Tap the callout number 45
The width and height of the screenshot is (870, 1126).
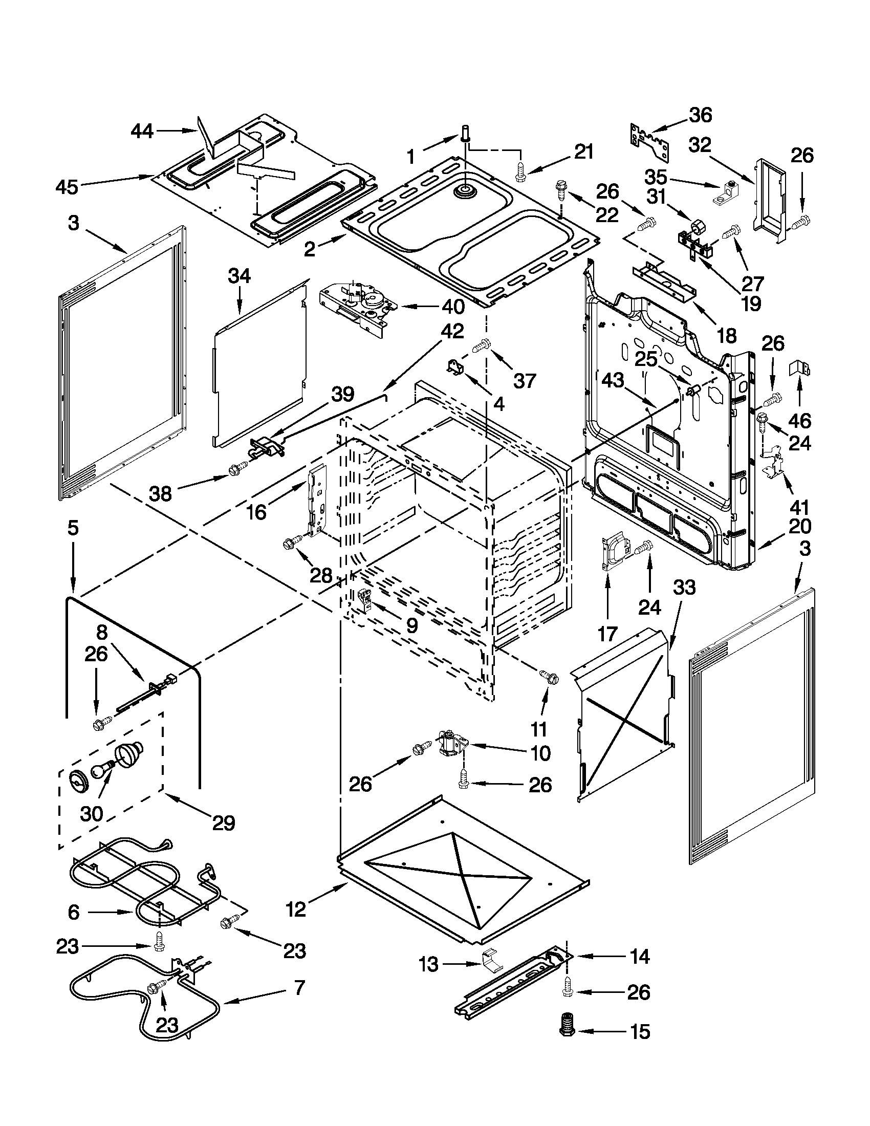67,187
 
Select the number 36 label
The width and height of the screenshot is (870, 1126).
701,115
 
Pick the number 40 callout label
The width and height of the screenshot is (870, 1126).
453,307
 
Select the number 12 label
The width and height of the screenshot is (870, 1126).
296,910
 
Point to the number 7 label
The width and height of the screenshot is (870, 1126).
299,988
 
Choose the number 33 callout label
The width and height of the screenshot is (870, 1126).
684,587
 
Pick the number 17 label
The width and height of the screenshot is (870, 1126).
607,634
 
